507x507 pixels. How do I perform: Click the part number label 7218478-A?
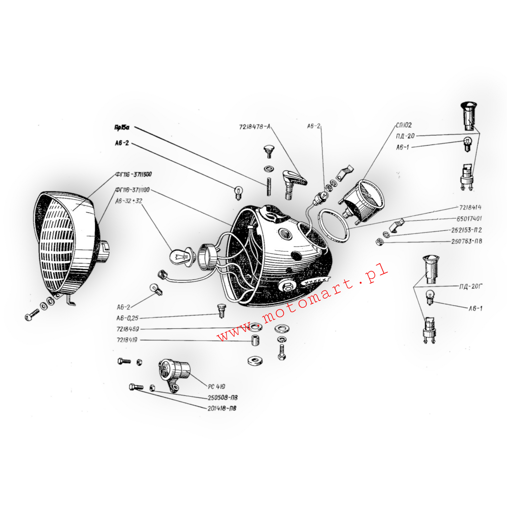pyautogui.click(x=255, y=127)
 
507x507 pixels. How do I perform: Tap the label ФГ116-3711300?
pyautogui.click(x=134, y=175)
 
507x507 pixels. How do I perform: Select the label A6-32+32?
pyautogui.click(x=129, y=201)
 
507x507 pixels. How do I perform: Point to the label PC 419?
pyautogui.click(x=216, y=387)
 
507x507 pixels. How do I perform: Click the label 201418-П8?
pyautogui.click(x=222, y=408)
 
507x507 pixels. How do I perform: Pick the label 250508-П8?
pyautogui.click(x=222, y=398)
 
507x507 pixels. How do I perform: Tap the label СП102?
pyautogui.click(x=404, y=125)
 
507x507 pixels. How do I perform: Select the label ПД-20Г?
pyautogui.click(x=471, y=287)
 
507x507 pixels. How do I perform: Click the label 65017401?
pyautogui.click(x=469, y=219)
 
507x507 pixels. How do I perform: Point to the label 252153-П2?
pyautogui.click(x=466, y=230)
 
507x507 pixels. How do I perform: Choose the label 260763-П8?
pyautogui.click(x=466, y=241)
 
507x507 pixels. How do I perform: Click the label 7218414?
pyautogui.click(x=470, y=208)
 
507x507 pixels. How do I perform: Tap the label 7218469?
pyautogui.click(x=128, y=329)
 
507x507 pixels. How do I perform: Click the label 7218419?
pyautogui.click(x=127, y=340)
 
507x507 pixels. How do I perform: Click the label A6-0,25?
pyautogui.click(x=127, y=318)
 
